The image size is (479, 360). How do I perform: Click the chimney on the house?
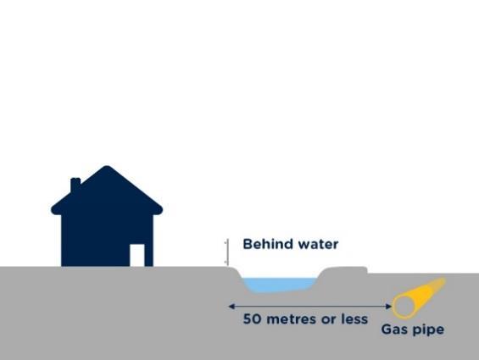[x=75, y=185]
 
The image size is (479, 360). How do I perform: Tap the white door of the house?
[x=137, y=255]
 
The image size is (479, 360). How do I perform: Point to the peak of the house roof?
[x=107, y=167]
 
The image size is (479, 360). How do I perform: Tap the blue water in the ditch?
[x=281, y=285]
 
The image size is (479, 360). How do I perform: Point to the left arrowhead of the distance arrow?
[x=231, y=307]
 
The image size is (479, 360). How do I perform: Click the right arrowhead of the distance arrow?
[x=389, y=307]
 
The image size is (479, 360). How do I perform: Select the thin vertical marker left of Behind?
[x=227, y=252]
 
